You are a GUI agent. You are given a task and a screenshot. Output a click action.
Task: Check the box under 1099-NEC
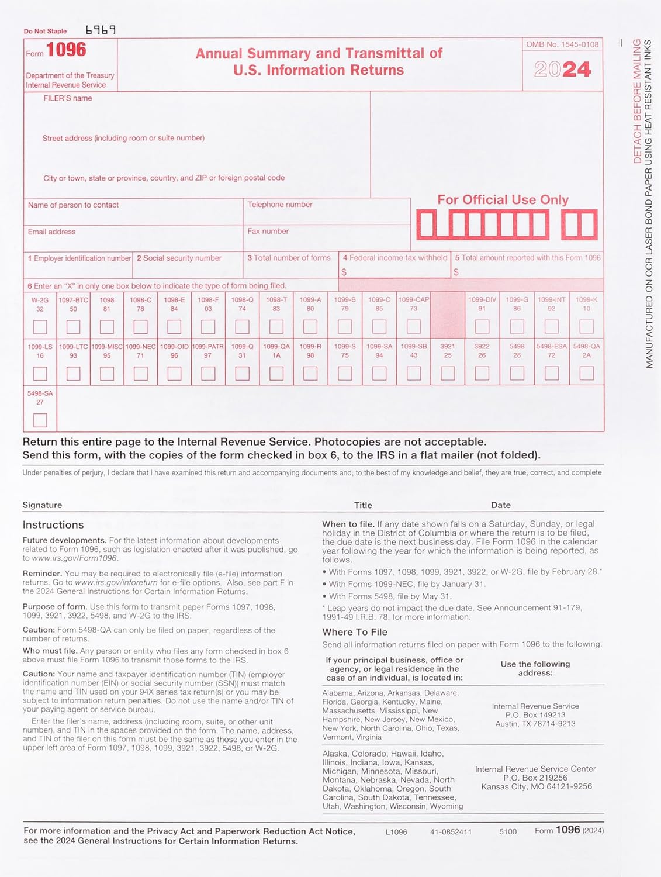(140, 373)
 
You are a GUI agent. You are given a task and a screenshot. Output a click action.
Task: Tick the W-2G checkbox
(40, 326)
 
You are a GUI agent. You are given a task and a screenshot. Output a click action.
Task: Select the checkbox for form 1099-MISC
(107, 373)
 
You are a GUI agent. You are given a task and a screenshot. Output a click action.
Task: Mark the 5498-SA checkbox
(40, 420)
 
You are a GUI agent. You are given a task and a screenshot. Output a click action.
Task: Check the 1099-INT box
(551, 326)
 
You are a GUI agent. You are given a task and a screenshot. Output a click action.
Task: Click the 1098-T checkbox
(276, 326)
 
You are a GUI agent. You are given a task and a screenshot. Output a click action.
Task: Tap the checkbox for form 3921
(448, 373)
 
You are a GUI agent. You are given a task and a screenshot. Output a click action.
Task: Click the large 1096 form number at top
(66, 50)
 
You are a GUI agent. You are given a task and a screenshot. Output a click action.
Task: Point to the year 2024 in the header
(562, 70)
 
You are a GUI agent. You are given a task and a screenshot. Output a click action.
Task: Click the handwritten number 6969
(101, 29)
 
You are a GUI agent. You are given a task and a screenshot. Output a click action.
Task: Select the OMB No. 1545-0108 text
(562, 44)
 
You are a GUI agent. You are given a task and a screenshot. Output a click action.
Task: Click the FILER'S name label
(68, 98)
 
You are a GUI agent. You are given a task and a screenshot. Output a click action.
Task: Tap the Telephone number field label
(279, 205)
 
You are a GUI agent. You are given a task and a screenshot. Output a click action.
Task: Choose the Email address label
(51, 232)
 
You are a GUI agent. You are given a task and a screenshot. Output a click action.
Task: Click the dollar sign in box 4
(344, 272)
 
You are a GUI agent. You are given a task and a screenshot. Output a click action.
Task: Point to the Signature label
(42, 505)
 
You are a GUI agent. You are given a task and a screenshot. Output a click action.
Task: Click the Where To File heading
(355, 632)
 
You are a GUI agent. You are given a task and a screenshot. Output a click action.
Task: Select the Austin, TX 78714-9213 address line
(535, 724)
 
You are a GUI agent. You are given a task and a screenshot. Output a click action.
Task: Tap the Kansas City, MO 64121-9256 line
(536, 786)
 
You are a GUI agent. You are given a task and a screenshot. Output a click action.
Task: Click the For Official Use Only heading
(503, 200)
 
